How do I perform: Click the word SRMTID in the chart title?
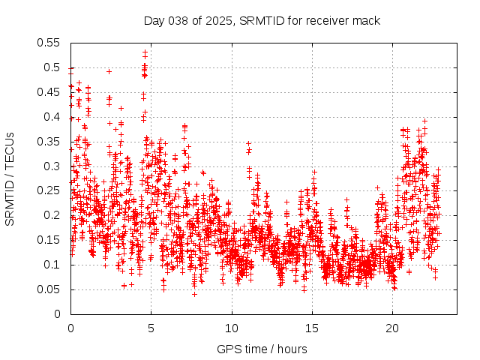259,21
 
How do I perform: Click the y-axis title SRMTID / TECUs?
10,178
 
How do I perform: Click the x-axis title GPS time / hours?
262,349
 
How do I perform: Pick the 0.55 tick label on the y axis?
49,43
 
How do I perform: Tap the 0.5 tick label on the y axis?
52,67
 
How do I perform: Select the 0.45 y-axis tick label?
49,92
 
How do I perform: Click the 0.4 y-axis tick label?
52,117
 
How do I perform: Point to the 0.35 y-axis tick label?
49,142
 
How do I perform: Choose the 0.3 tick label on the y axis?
52,166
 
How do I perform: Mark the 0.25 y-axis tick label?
49,190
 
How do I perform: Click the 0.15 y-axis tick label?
49,240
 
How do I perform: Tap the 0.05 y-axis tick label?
49,289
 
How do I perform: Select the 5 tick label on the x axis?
151,328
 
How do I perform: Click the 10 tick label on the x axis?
232,328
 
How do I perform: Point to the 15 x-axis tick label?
312,328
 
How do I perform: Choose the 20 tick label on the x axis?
392,328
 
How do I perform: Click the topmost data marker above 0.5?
145,52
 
